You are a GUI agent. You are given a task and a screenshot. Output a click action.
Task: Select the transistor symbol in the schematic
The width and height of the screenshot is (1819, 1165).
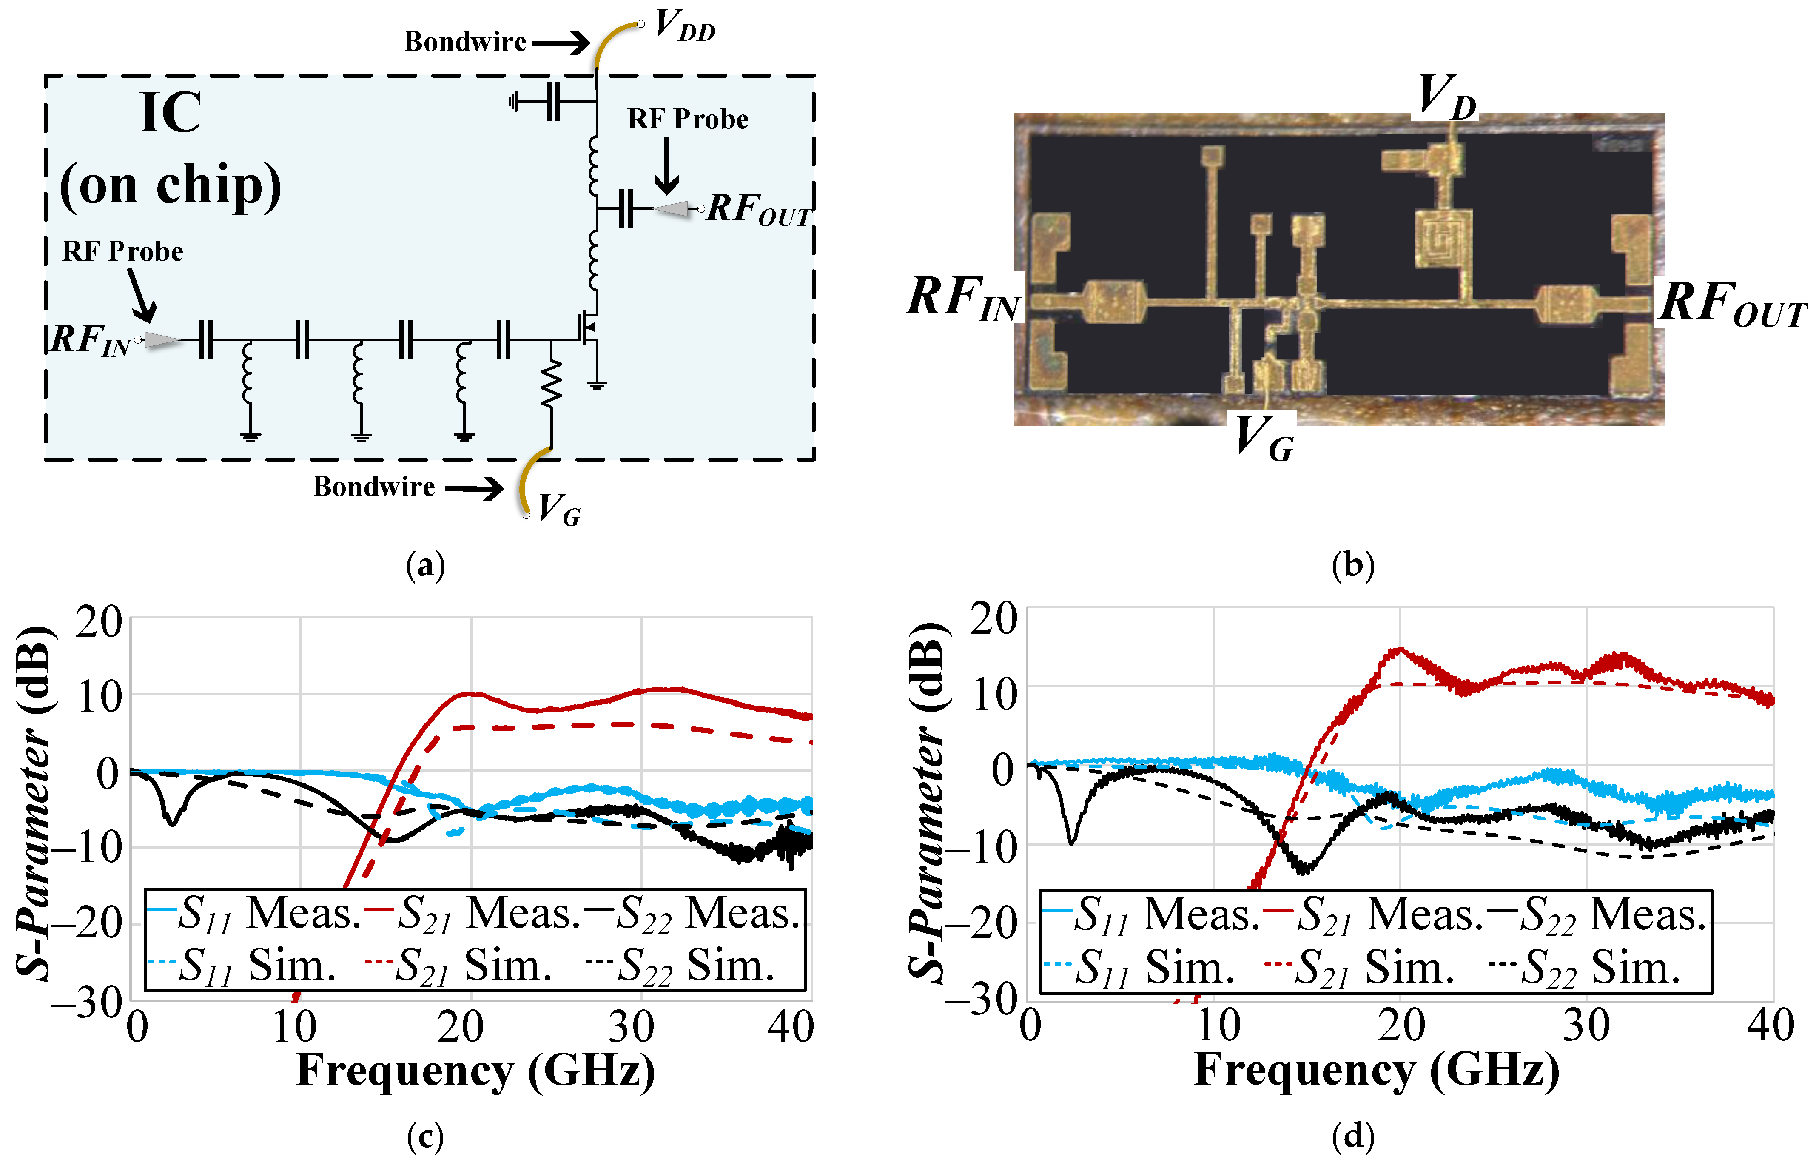[x=589, y=327]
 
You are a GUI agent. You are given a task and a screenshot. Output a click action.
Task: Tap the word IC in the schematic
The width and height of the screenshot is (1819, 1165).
[x=171, y=114]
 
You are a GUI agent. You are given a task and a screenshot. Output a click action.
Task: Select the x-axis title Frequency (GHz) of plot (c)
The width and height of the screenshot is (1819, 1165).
[x=475, y=1071]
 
